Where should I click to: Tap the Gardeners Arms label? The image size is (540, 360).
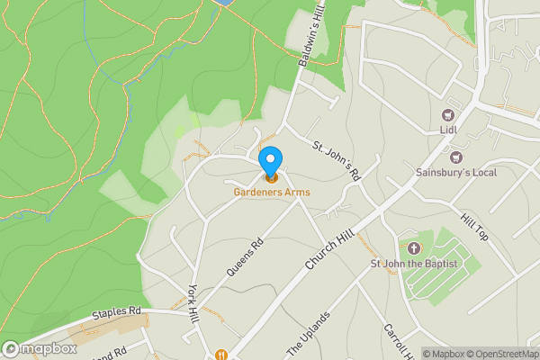click(x=271, y=192)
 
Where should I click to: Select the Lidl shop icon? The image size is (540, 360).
click(x=448, y=114)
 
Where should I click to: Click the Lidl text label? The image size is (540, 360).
click(x=448, y=130)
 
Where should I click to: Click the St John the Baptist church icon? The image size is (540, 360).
click(x=414, y=247)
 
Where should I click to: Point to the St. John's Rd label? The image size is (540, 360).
click(x=337, y=160)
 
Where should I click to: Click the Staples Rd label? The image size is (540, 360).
click(x=117, y=312)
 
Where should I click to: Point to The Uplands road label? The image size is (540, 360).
click(x=309, y=333)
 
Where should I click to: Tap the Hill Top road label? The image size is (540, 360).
click(x=473, y=228)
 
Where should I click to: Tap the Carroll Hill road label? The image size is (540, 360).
click(x=396, y=342)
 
